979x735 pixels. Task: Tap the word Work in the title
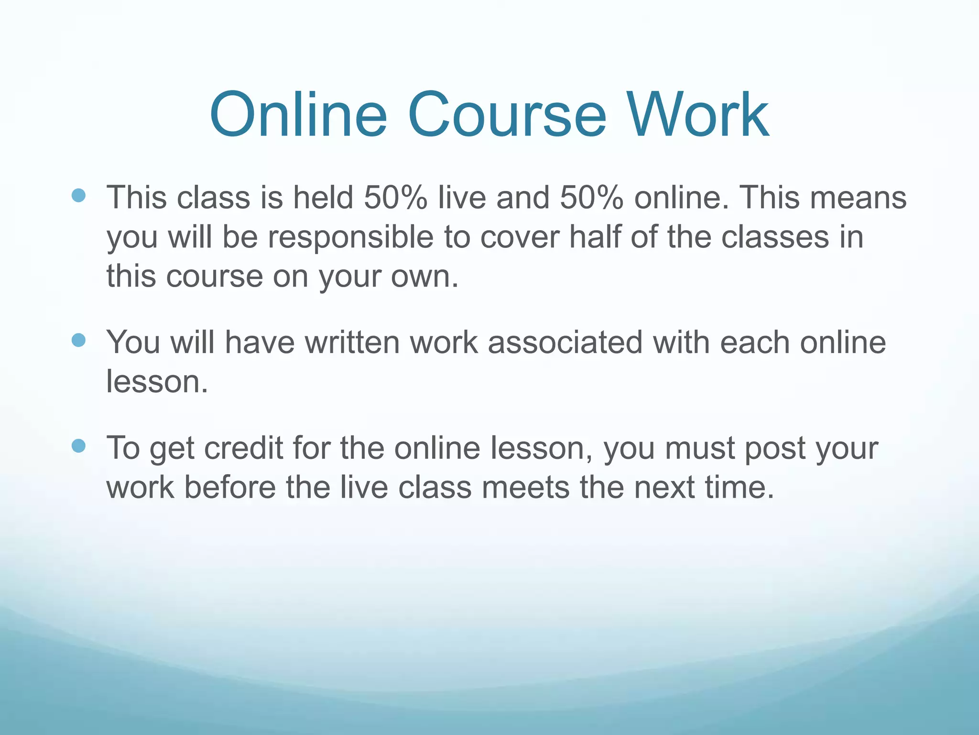[x=698, y=115]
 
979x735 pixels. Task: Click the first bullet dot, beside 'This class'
[x=78, y=195]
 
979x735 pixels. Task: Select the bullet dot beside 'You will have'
[x=78, y=340]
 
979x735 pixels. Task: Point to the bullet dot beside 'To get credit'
[x=78, y=446]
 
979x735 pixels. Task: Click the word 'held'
[x=323, y=197]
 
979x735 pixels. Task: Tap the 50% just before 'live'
[x=395, y=197]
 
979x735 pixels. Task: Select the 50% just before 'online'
[x=591, y=197]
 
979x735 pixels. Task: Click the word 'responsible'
[x=350, y=237]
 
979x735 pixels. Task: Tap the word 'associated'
[x=565, y=342]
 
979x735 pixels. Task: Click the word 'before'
[x=230, y=487]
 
